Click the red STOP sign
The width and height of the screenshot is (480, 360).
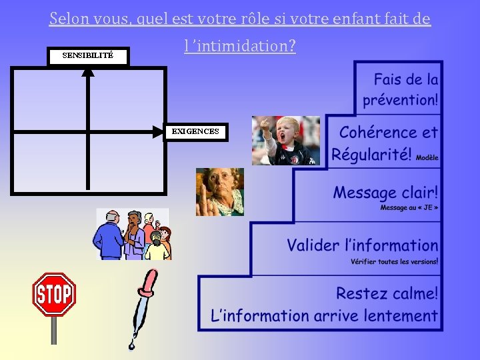click(54, 294)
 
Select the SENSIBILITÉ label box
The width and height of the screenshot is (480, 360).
click(88, 56)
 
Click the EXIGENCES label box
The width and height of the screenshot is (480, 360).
click(195, 132)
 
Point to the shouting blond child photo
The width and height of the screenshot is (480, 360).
click(285, 140)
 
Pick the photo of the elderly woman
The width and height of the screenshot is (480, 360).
click(219, 191)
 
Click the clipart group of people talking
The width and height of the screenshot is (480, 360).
click(133, 234)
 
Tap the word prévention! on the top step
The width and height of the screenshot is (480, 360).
click(400, 101)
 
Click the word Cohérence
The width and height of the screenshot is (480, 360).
click(377, 132)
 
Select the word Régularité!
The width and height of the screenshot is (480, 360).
click(371, 155)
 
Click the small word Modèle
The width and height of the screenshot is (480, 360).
click(427, 158)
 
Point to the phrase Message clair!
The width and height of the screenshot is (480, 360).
click(385, 193)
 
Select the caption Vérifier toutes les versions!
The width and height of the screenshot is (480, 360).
click(394, 261)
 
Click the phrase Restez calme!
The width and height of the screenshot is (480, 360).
click(387, 293)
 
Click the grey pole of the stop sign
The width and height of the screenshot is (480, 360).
click(54, 330)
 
